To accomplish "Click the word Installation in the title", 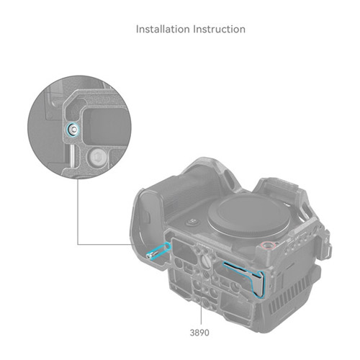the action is (x=163, y=30).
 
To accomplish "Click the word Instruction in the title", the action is (x=220, y=30).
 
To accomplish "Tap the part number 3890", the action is (x=199, y=333).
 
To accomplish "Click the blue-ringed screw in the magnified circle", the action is (x=72, y=130).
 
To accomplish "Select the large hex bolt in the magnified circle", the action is (x=96, y=157).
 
